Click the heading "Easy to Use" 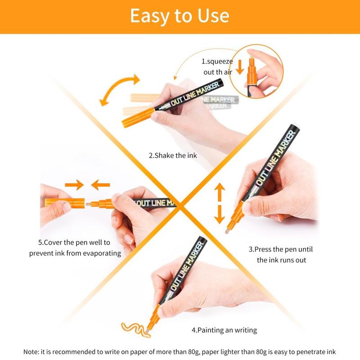tap(180, 16)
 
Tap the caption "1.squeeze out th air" tap(217, 67)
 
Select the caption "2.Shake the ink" tap(173, 155)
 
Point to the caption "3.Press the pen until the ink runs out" tap(281, 254)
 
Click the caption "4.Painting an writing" tap(224, 330)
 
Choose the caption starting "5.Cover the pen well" tap(75, 248)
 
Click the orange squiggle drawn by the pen tap(135, 330)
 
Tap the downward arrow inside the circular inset tap(240, 67)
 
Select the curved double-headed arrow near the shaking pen tap(119, 89)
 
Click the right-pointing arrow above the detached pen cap tap(74, 185)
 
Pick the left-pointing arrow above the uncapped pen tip tap(100, 185)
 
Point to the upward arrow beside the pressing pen tap(220, 192)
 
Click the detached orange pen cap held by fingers tap(65, 203)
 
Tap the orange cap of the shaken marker tap(138, 118)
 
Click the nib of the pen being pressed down tap(227, 231)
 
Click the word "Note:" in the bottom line tap(31, 352)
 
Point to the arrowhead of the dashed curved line tap(175, 77)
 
